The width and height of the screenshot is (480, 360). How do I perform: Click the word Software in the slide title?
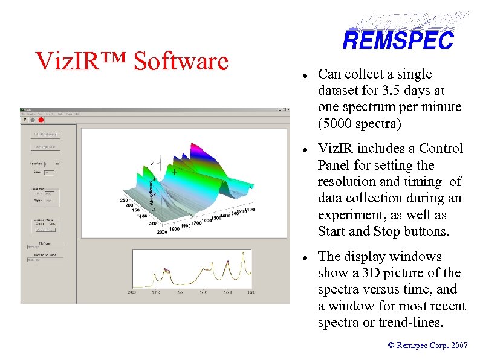click(181, 61)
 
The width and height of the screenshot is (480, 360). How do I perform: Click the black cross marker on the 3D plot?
click(175, 172)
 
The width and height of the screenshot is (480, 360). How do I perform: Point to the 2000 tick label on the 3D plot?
click(162, 231)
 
